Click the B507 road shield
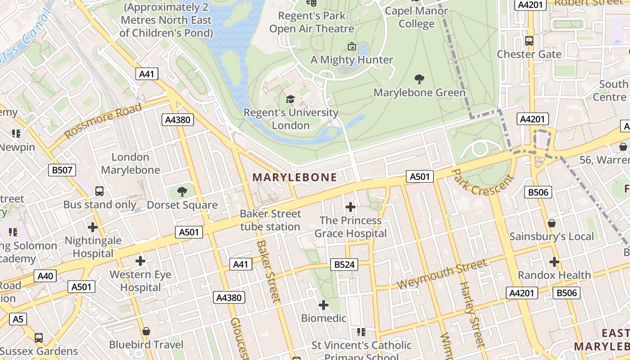click(62, 170)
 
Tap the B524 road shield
click(345, 265)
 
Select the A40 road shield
click(45, 276)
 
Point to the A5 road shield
click(18, 319)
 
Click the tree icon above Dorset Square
click(182, 192)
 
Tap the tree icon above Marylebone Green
click(419, 80)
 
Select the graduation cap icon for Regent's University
click(291, 99)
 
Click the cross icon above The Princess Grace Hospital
click(350, 207)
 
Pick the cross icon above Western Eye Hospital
click(140, 261)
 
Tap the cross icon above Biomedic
click(323, 305)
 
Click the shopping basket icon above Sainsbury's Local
click(551, 223)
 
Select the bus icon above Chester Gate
click(529, 41)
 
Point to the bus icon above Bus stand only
click(99, 191)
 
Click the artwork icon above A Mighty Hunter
click(351, 46)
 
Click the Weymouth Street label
click(441, 274)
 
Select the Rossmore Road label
click(103, 121)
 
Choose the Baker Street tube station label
click(270, 220)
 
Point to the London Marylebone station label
click(130, 163)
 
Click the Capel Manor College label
click(417, 17)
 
